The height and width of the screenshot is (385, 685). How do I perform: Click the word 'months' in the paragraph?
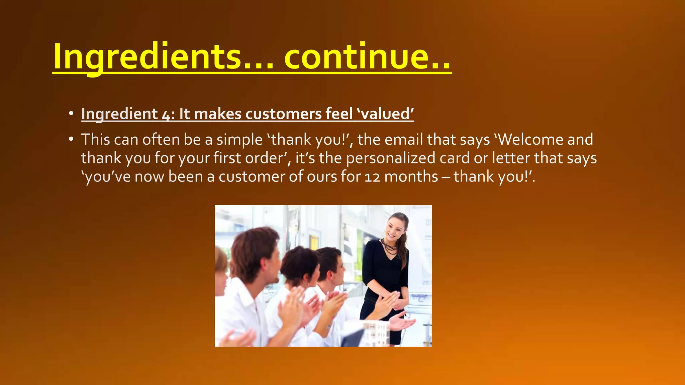coord(411,176)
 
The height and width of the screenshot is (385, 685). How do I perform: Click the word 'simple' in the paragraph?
coord(239,140)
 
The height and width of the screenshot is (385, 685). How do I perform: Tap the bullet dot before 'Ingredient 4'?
coord(71,114)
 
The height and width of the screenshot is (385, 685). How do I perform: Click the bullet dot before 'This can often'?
coord(71,139)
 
